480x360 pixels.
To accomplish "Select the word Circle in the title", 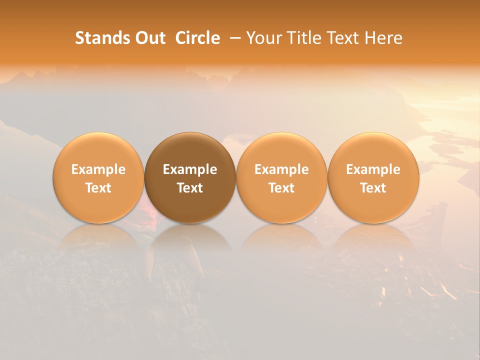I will [x=197, y=38].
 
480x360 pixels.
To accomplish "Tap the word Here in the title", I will [x=383, y=38].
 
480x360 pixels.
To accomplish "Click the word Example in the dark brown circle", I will [x=190, y=169].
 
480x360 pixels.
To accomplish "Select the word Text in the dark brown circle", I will [x=190, y=188].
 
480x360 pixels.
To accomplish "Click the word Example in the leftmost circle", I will [x=98, y=169].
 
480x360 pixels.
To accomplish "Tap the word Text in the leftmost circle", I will [x=98, y=188].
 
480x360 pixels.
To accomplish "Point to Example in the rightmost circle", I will [x=373, y=169].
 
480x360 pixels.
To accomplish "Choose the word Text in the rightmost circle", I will [x=373, y=188].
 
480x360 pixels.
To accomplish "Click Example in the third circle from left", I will [x=281, y=169].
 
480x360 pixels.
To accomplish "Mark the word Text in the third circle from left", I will [x=281, y=188].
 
